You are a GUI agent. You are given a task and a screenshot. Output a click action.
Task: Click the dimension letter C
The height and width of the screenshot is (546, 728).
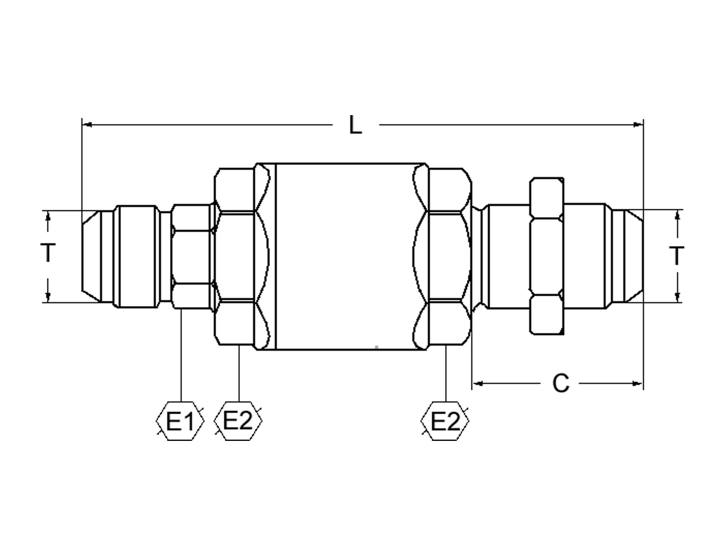point(561,384)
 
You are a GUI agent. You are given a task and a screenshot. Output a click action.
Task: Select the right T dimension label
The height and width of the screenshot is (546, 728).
point(677,256)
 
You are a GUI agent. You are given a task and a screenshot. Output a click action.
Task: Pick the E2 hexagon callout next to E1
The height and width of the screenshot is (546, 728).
point(238,421)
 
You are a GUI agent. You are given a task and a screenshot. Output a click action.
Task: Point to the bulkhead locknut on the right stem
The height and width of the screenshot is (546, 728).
point(547,256)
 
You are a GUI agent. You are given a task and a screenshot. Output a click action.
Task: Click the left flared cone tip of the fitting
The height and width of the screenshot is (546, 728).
point(91,256)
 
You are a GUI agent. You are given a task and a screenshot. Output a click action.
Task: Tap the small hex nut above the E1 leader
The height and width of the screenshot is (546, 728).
point(191,256)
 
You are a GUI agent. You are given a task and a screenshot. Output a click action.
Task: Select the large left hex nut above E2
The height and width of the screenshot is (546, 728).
point(234,256)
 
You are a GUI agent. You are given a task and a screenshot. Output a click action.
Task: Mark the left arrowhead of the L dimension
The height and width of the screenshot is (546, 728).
point(86,124)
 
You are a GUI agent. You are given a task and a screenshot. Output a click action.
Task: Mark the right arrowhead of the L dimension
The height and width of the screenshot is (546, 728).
point(638,124)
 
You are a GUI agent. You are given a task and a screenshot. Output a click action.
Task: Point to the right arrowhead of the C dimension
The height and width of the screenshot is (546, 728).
point(638,384)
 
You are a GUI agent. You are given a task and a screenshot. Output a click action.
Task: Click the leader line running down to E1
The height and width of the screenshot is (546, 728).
point(181,355)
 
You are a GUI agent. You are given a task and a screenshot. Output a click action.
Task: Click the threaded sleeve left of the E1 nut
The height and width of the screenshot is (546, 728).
point(136,256)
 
